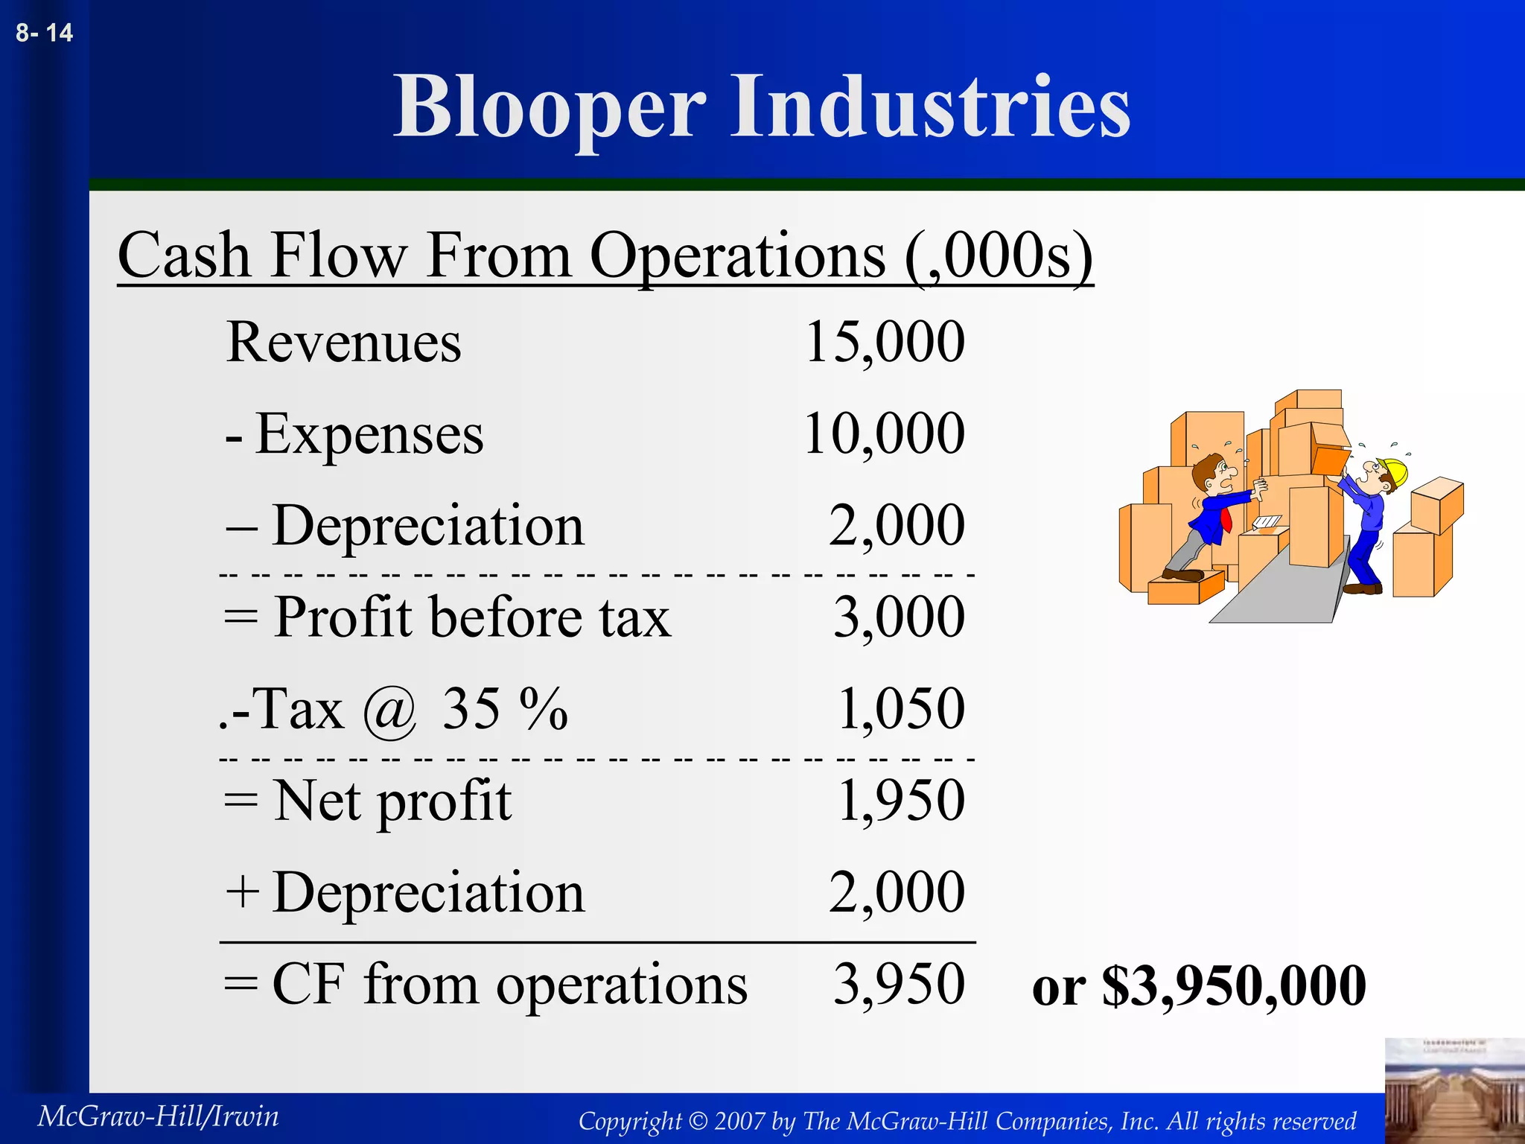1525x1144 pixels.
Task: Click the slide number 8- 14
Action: point(44,33)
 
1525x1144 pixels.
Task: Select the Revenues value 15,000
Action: point(885,342)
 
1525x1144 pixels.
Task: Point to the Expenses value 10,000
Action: point(884,433)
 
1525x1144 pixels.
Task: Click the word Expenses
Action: point(369,434)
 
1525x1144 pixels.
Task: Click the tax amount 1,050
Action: point(901,708)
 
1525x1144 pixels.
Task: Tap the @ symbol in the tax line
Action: point(389,711)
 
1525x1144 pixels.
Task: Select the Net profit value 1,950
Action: point(901,801)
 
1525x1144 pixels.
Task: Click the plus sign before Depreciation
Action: point(243,892)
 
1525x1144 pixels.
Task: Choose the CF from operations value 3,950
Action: point(899,984)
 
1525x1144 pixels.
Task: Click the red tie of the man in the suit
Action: point(1225,519)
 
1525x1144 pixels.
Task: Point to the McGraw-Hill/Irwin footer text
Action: point(158,1116)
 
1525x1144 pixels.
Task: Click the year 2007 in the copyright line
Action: point(739,1121)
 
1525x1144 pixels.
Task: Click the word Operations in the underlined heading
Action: point(737,255)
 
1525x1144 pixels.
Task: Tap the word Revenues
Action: point(343,343)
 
